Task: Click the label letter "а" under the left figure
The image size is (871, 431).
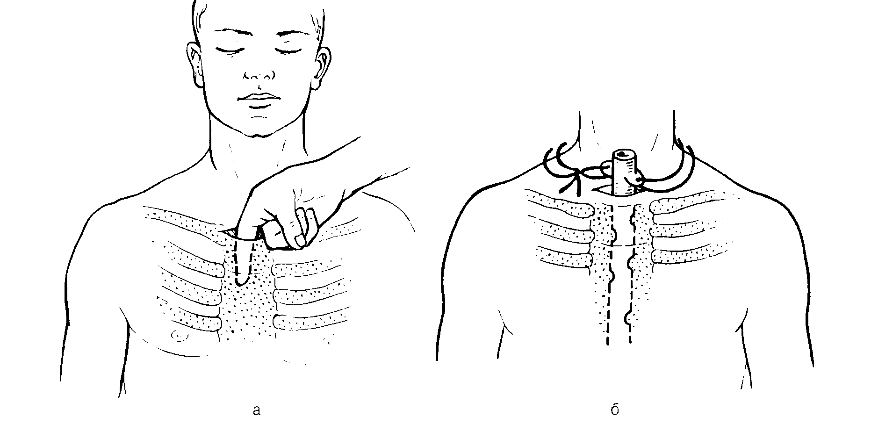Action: click(x=256, y=410)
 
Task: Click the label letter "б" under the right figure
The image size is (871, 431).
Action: click(x=615, y=409)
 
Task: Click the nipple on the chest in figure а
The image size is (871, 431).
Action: click(x=178, y=334)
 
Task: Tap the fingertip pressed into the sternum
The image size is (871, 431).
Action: click(x=241, y=280)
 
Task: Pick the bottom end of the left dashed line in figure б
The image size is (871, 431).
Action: click(x=608, y=344)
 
